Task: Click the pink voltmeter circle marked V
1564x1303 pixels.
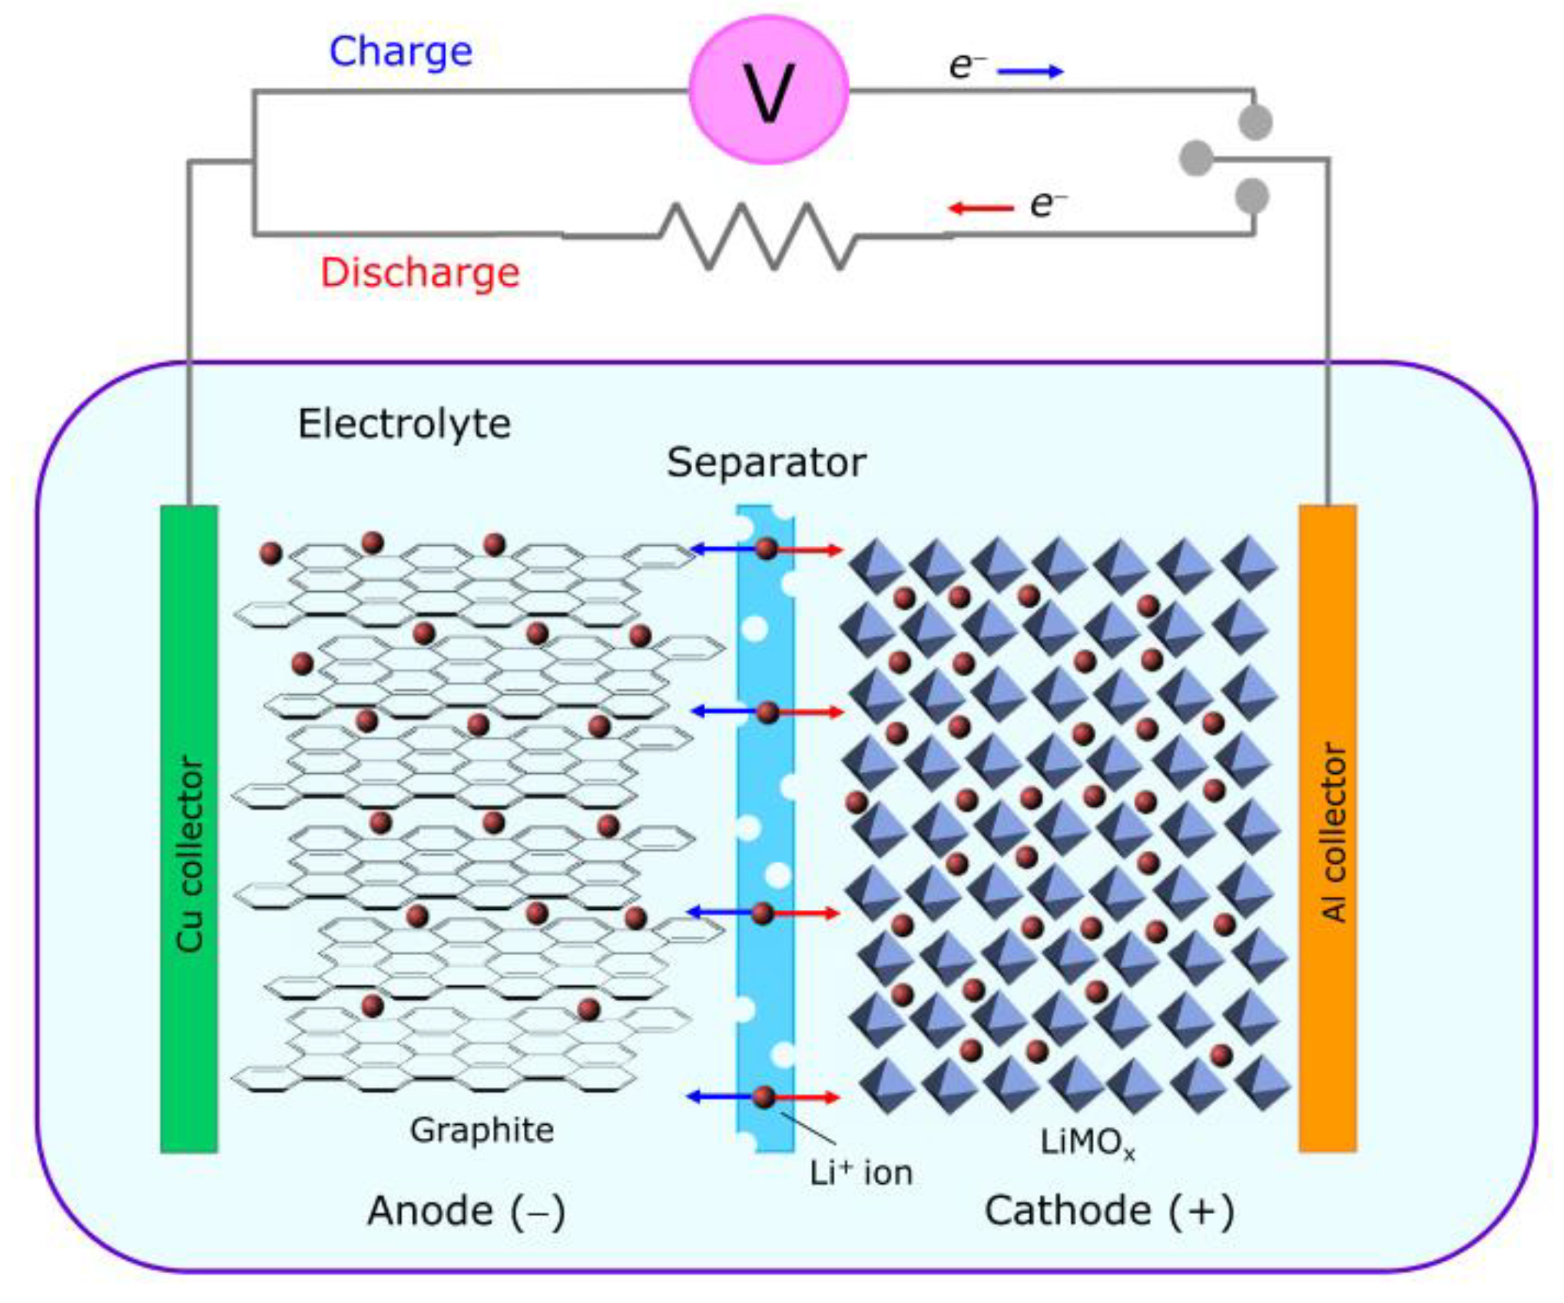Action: (x=769, y=90)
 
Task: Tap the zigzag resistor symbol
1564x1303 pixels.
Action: (x=757, y=236)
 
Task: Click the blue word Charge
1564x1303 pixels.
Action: (x=400, y=51)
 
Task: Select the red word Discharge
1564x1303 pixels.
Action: (x=419, y=273)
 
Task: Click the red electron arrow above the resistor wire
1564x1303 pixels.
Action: (x=981, y=208)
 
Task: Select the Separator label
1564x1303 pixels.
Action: (x=766, y=462)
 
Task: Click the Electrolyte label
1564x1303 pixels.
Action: (x=404, y=424)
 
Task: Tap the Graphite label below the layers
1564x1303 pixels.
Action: (x=482, y=1129)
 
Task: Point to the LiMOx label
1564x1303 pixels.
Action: (x=1086, y=1143)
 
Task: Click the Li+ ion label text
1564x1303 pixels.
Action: (x=861, y=1172)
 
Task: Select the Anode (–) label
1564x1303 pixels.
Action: (x=466, y=1211)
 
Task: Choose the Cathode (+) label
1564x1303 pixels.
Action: (x=1109, y=1211)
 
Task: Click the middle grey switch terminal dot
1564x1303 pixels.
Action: (x=1195, y=158)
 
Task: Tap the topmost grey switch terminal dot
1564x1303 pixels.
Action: (x=1255, y=122)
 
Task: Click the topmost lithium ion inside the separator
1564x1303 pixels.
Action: (x=767, y=548)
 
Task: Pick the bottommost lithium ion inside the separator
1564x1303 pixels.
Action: (x=764, y=1097)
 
